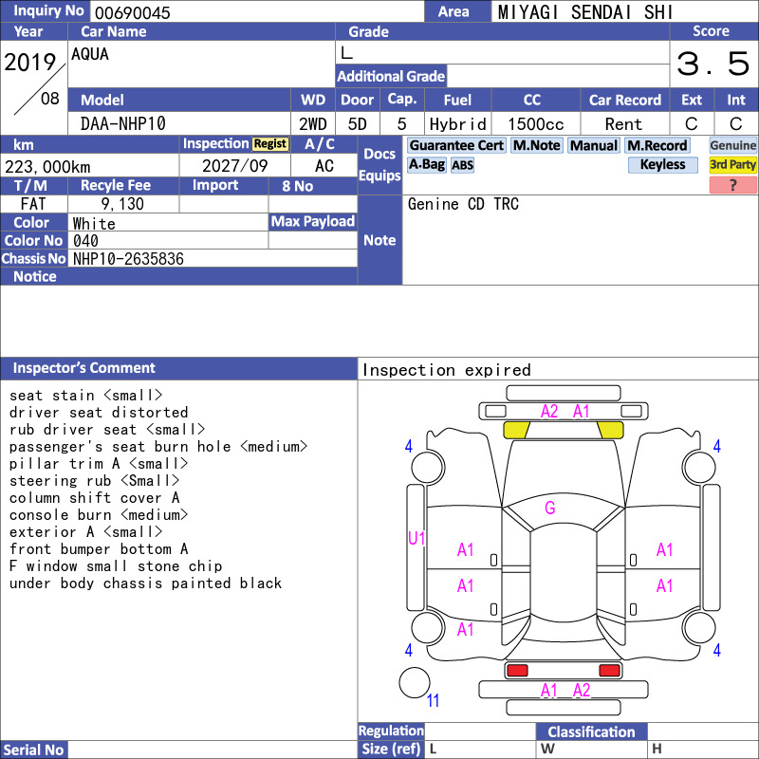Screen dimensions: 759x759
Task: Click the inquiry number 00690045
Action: (133, 12)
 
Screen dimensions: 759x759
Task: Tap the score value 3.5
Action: (713, 64)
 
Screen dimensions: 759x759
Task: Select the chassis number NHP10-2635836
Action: (128, 259)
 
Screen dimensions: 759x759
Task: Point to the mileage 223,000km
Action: (47, 167)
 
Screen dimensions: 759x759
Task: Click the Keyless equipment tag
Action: (662, 164)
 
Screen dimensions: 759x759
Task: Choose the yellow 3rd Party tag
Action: (732, 164)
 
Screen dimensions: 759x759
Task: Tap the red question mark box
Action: (732, 185)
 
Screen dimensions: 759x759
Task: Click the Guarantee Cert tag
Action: (456, 145)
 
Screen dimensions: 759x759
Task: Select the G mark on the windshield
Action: (550, 508)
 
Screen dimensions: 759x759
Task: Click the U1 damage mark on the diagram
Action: (417, 538)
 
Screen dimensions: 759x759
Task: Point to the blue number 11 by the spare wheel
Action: (433, 700)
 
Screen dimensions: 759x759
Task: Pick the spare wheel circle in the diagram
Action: (415, 682)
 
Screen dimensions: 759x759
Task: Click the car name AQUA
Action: (90, 54)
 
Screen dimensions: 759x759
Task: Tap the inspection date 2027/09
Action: (234, 166)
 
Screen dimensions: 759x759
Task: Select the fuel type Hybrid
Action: (457, 124)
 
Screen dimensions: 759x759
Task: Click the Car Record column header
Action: (625, 100)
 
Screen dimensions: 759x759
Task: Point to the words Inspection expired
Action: (446, 370)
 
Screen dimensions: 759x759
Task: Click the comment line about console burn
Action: (99, 514)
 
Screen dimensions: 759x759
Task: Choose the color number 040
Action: (85, 241)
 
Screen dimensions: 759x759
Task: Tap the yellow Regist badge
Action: (270, 144)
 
